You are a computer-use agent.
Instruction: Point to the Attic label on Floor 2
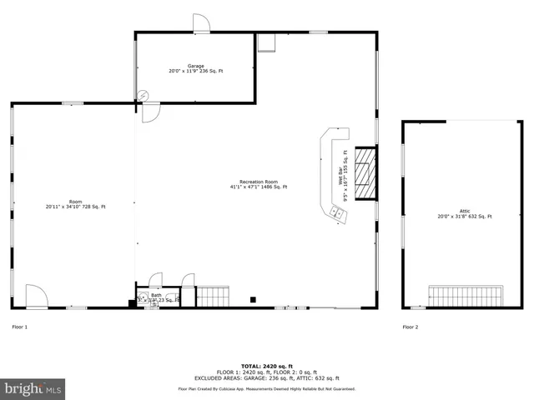point(465,214)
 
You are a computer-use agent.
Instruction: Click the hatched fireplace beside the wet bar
point(365,173)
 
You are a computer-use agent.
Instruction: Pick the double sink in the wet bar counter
point(337,214)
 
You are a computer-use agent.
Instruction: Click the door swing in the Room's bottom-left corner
point(36,296)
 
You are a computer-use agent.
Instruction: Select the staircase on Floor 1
point(213,296)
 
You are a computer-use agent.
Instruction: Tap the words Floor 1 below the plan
point(19,327)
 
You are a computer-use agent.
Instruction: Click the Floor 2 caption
point(411,327)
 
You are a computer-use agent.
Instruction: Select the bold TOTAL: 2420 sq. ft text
point(266,366)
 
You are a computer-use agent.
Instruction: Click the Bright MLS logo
point(33,387)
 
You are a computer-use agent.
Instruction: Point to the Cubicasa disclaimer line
point(266,389)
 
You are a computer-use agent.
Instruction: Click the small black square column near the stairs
point(253,299)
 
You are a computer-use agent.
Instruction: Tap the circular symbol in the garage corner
point(143,95)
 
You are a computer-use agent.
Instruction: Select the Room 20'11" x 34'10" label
point(75,203)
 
